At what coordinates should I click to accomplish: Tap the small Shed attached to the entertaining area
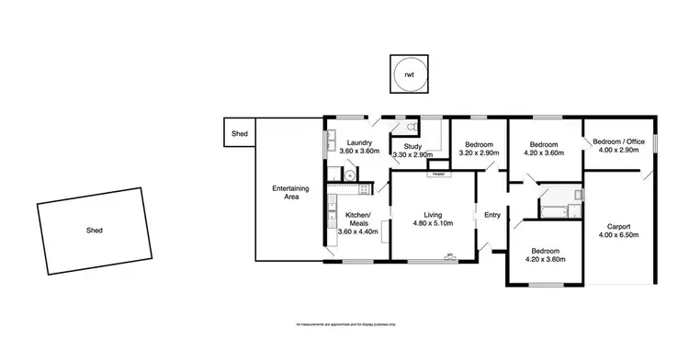[x=240, y=134]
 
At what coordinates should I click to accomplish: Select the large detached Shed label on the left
[x=94, y=231]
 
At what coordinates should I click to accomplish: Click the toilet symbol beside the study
[x=413, y=128]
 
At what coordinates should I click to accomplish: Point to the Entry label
[x=492, y=215]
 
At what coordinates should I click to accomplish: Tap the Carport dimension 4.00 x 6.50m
[x=616, y=235]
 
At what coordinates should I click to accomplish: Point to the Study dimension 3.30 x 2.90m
[x=411, y=154]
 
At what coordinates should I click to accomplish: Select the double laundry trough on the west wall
[x=328, y=142]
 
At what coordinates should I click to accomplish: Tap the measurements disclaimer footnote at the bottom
[x=344, y=324]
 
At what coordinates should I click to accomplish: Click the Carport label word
[x=616, y=226]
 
